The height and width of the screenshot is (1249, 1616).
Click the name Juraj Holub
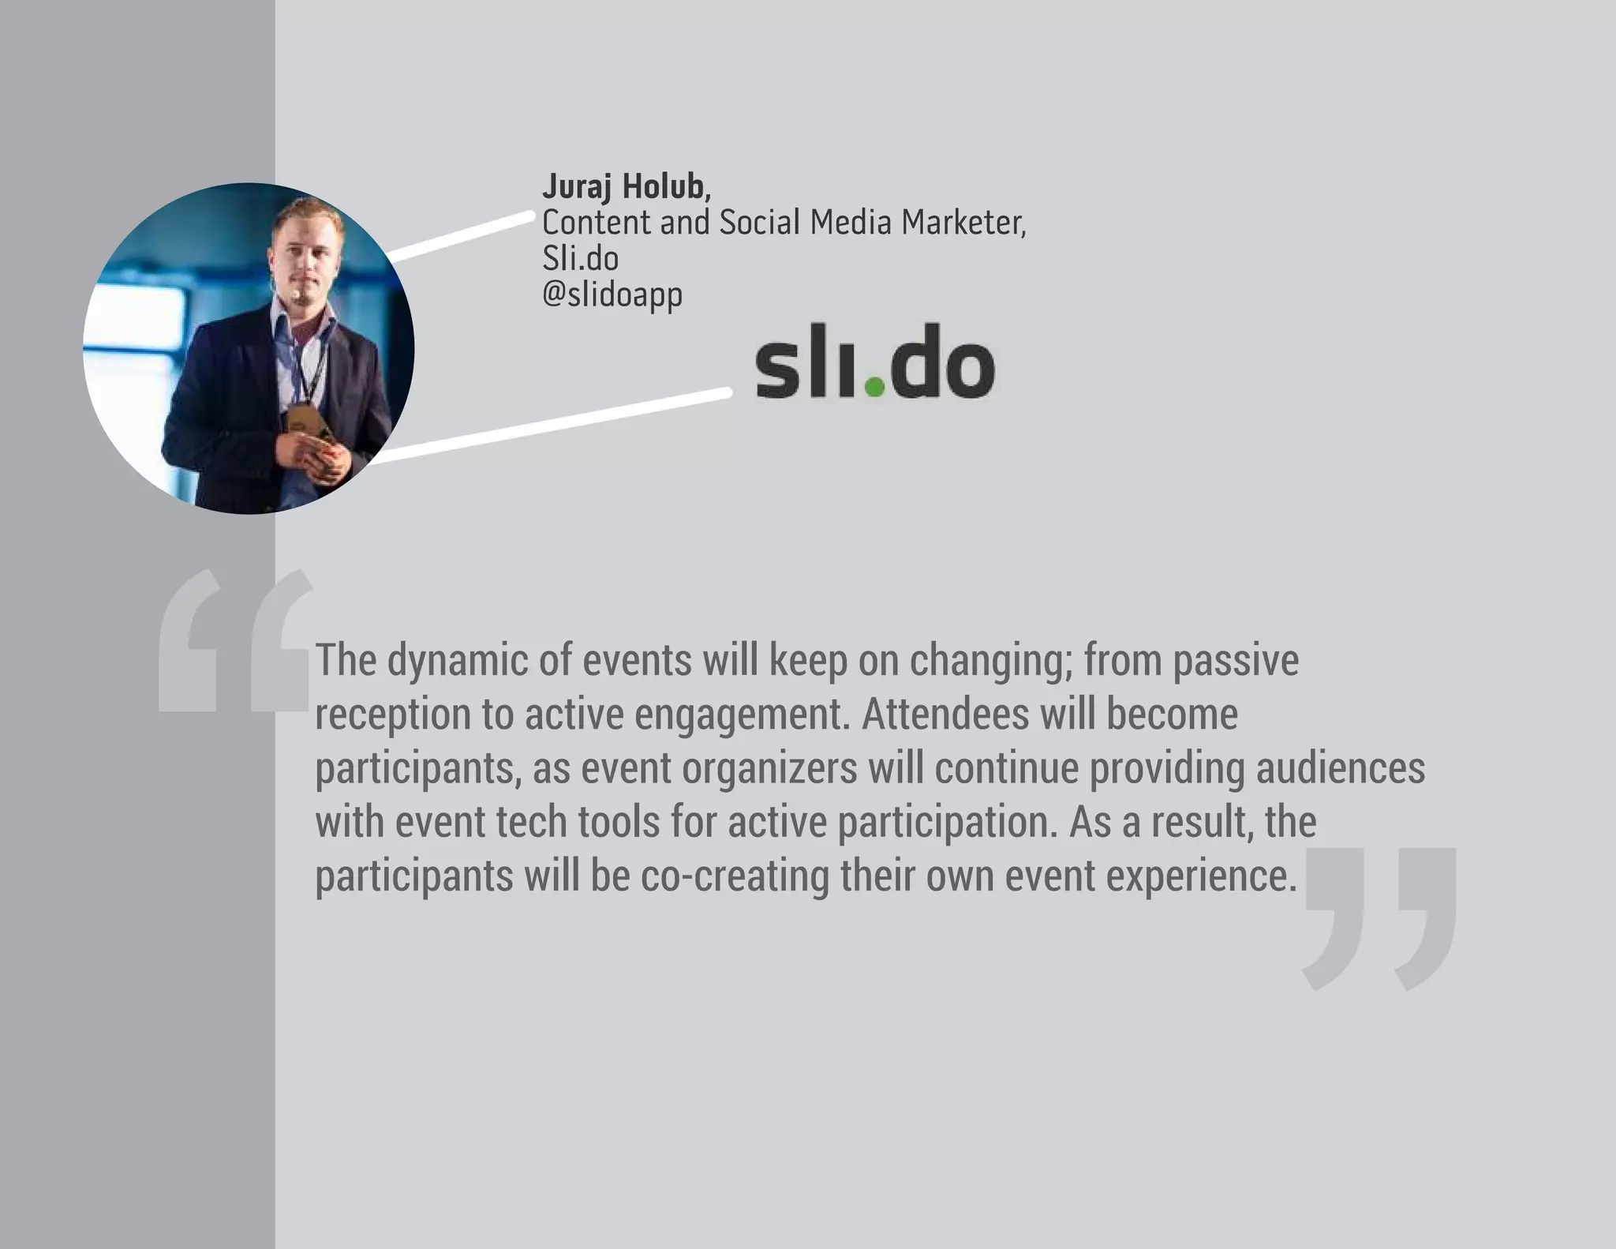pyautogui.click(x=626, y=187)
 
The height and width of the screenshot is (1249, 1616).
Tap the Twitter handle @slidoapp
pyautogui.click(x=612, y=295)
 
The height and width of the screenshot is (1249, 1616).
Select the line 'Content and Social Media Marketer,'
pyautogui.click(x=784, y=223)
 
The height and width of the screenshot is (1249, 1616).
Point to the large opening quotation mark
pyautogui.click(x=235, y=641)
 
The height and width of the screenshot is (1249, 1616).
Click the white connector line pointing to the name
pyautogui.click(x=462, y=234)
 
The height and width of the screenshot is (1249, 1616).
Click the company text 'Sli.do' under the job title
pyautogui.click(x=580, y=259)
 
